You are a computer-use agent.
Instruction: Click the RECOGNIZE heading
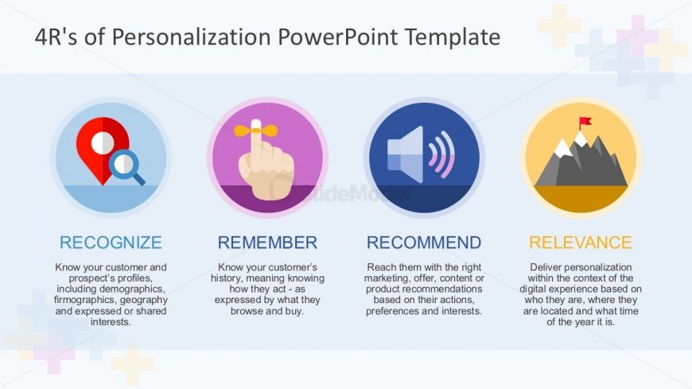tap(111, 243)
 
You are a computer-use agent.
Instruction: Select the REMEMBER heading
tap(267, 243)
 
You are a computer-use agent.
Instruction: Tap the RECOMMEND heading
tap(424, 243)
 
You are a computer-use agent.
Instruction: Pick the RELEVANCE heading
tap(581, 243)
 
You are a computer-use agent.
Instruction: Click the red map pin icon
tap(102, 147)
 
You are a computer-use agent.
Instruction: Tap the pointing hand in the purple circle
tap(266, 163)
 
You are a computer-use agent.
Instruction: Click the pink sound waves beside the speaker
tap(442, 154)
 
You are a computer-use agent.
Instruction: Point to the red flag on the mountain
tap(585, 123)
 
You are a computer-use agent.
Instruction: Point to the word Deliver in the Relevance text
tap(546, 267)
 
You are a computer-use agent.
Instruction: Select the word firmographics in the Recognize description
tap(87, 301)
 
